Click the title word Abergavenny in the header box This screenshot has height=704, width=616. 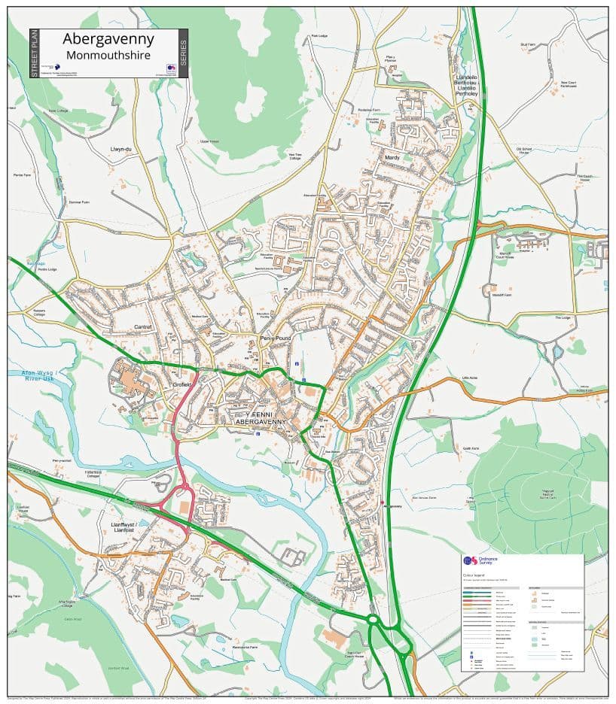pyautogui.click(x=108, y=39)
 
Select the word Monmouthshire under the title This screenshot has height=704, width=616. pyautogui.click(x=108, y=55)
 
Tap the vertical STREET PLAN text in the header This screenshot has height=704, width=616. pyautogui.click(x=34, y=53)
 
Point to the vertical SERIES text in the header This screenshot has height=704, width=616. pyautogui.click(x=183, y=53)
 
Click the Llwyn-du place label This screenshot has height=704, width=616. pyautogui.click(x=120, y=149)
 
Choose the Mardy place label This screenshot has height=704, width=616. pyautogui.click(x=392, y=158)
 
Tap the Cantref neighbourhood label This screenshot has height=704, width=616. pyautogui.click(x=142, y=327)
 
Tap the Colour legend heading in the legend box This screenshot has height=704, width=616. pyautogui.click(x=473, y=575)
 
